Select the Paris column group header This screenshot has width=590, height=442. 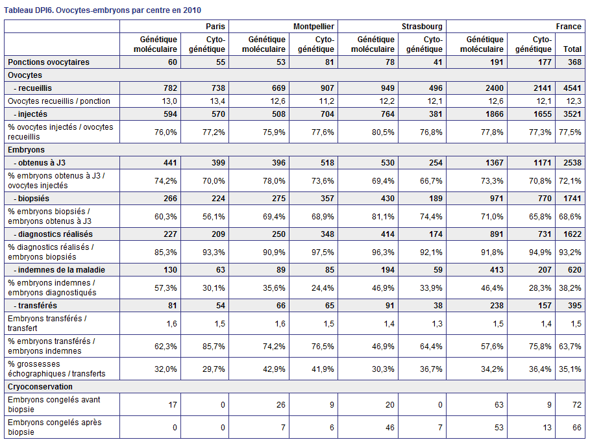pyautogui.click(x=215, y=27)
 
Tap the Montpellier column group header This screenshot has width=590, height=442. pyautogui.click(x=313, y=27)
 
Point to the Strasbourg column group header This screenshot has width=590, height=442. pyautogui.click(x=422, y=27)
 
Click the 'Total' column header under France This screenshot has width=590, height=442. pyautogui.click(x=572, y=49)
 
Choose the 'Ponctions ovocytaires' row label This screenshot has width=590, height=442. pyautogui.click(x=49, y=62)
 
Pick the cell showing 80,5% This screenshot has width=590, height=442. pyautogui.click(x=383, y=132)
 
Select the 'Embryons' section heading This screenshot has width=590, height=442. pyautogui.click(x=26, y=150)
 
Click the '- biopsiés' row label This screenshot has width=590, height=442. pyautogui.click(x=32, y=198)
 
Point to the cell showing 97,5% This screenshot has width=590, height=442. pyautogui.click(x=323, y=252)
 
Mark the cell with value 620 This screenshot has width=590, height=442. pyautogui.click(x=574, y=270)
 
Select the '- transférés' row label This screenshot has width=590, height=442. pyautogui.click(x=35, y=306)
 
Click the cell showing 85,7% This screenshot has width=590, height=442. pyautogui.click(x=214, y=346)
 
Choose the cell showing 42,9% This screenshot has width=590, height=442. pyautogui.click(x=274, y=369)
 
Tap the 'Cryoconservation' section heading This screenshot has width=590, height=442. pyautogui.click(x=40, y=387)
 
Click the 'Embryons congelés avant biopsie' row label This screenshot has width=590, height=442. pyautogui.click(x=54, y=404)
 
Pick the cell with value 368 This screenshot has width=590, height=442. pyautogui.click(x=574, y=62)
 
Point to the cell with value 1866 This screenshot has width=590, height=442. pyautogui.click(x=494, y=114)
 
